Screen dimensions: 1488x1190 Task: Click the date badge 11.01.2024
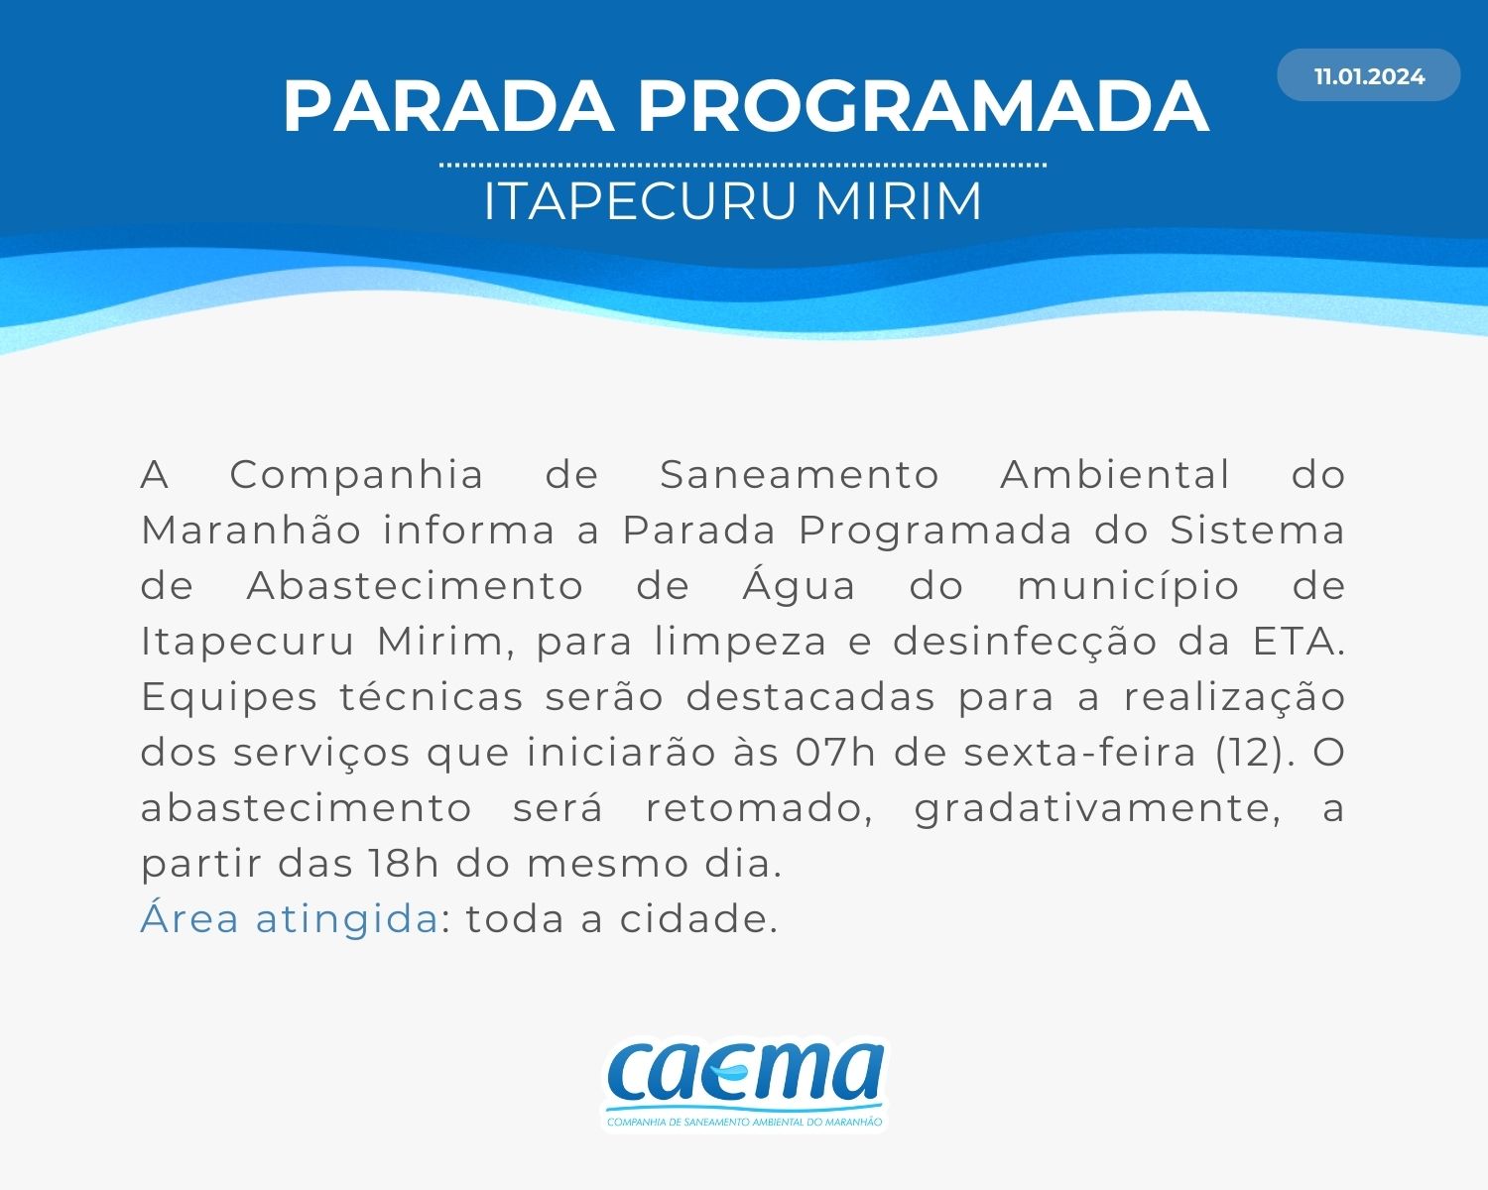1368,75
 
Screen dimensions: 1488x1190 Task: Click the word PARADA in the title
448,106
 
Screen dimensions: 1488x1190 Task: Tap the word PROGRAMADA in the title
924,106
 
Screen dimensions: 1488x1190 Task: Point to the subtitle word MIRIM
899,201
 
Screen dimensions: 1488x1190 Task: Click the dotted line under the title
743,166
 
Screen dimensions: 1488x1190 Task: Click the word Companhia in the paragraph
356,476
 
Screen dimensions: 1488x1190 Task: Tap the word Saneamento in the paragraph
800,475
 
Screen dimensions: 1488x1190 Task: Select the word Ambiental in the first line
1115,475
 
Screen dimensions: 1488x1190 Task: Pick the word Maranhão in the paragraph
252,531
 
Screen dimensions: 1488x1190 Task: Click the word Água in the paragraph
800,586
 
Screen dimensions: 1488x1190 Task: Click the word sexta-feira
1079,753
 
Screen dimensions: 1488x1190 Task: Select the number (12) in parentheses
1254,754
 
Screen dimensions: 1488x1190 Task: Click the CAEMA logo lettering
745,1075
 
